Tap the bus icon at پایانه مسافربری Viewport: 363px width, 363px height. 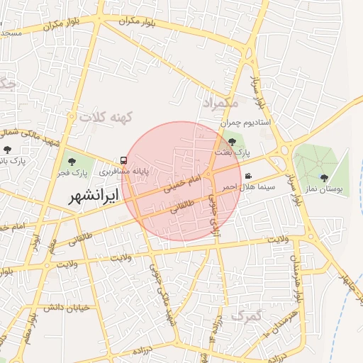click(x=124, y=161)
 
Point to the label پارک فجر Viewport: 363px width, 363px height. click(x=72, y=172)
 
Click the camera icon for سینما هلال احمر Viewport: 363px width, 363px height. click(x=247, y=176)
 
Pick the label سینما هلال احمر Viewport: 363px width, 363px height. click(x=238, y=186)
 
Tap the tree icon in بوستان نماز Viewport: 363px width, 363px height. click(x=324, y=178)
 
